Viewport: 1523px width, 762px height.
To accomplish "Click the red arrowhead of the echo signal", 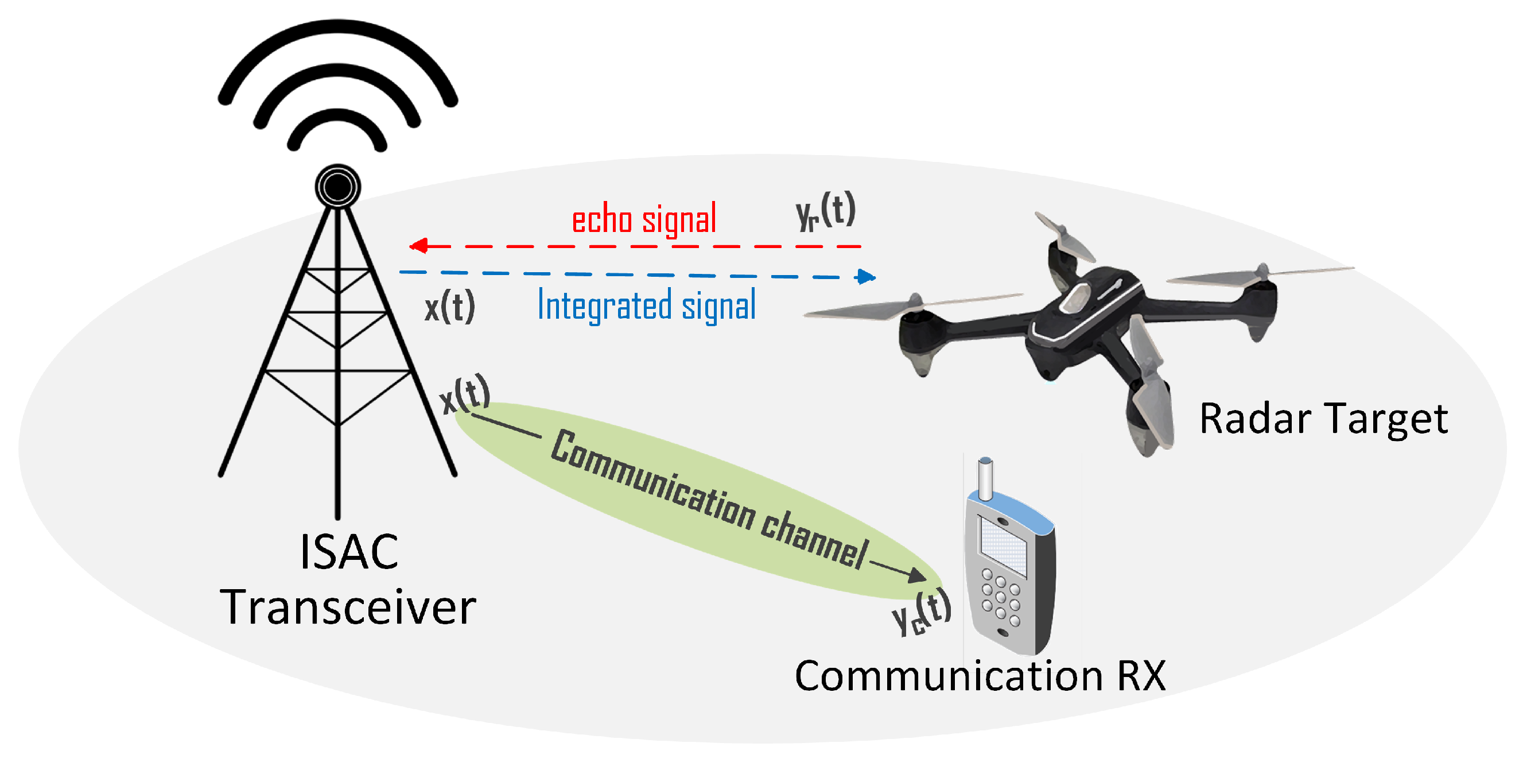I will [x=419, y=246].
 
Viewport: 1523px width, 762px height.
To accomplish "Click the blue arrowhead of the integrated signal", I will [x=866, y=276].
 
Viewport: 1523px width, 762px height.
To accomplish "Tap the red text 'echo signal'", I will [x=643, y=219].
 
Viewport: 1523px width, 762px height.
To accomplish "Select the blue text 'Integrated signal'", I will [x=646, y=305].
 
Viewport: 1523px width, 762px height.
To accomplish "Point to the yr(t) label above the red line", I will [x=825, y=211].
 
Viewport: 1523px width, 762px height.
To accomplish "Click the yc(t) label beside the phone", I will [x=921, y=613].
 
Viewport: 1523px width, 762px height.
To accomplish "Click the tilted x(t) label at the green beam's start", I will [x=465, y=394].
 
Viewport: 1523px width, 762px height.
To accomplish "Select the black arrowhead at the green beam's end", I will [x=917, y=575].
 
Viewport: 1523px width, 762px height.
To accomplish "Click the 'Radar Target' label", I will [x=1323, y=419].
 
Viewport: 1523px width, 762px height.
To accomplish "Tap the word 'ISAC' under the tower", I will [x=349, y=551].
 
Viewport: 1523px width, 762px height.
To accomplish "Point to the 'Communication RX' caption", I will [x=980, y=676].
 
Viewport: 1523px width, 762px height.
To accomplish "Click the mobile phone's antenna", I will [x=985, y=478].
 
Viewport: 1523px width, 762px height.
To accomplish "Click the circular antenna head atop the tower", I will [x=337, y=187].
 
